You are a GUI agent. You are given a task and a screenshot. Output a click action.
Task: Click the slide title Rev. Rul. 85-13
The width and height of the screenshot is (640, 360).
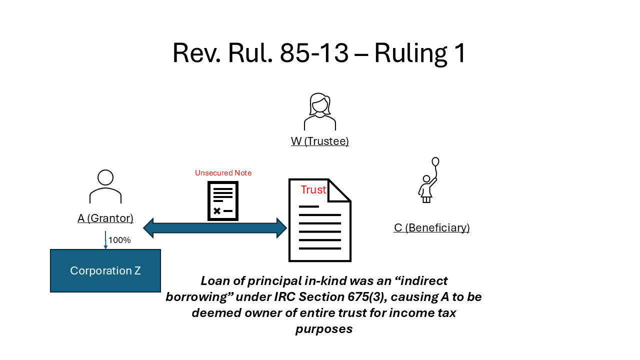[x=319, y=53]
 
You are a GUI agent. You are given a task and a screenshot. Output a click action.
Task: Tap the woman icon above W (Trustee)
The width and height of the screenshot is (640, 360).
[x=320, y=111]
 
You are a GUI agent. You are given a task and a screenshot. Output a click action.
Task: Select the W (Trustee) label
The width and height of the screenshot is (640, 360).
[x=320, y=141]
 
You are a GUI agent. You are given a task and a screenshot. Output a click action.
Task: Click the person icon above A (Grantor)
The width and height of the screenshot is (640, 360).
[x=105, y=186]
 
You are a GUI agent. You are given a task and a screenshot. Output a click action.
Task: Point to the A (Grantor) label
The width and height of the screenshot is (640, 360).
[x=105, y=218]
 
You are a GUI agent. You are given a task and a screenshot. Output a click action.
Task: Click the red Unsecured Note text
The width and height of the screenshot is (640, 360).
[x=223, y=173]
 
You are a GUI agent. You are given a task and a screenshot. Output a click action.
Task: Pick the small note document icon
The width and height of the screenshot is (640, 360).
[x=223, y=200]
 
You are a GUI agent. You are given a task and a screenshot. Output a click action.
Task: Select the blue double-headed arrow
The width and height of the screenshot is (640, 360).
[x=215, y=228]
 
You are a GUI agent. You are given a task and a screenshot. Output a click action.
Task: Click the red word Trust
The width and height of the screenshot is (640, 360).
[x=313, y=190]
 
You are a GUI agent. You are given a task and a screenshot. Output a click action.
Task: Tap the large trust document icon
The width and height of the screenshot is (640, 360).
[x=320, y=225]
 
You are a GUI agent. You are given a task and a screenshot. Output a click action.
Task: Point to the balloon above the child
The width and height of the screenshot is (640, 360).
[x=435, y=161]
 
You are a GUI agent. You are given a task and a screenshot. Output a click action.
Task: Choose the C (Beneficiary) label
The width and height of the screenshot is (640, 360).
[x=431, y=228]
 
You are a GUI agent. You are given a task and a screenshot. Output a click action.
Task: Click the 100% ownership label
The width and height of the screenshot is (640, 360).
[x=119, y=240]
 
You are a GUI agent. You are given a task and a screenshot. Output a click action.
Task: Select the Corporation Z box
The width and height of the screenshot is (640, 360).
[x=105, y=270]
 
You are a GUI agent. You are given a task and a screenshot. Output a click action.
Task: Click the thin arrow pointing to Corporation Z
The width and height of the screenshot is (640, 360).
[x=105, y=240]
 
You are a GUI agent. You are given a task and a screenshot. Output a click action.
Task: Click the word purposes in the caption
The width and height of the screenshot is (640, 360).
[x=324, y=329]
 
